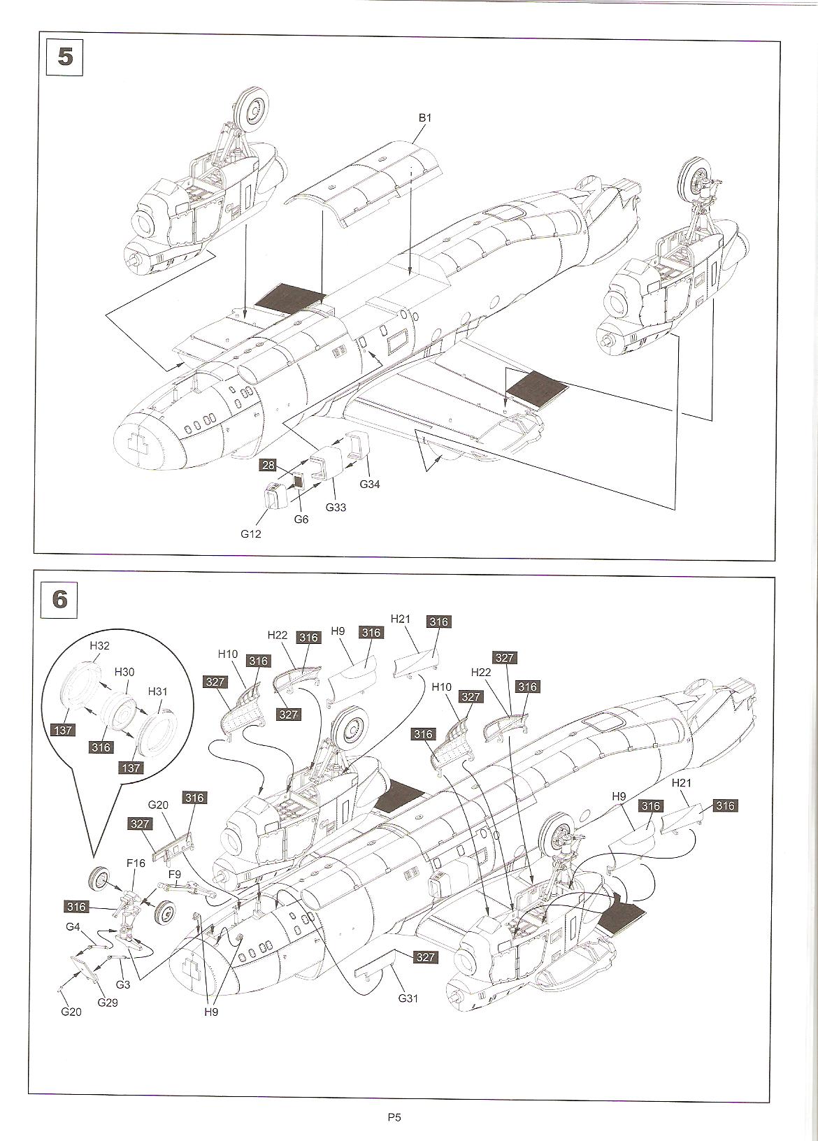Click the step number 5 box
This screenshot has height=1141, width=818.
(x=64, y=57)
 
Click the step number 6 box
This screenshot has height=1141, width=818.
(x=60, y=599)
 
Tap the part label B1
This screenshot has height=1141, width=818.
(x=425, y=118)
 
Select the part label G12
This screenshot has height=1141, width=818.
(x=252, y=533)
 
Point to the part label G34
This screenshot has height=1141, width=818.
(x=370, y=484)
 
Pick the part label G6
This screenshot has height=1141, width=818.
(x=301, y=519)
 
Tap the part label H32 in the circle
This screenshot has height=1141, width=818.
(x=99, y=645)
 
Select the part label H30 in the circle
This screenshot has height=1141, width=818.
(x=124, y=671)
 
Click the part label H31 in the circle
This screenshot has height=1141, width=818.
(x=159, y=691)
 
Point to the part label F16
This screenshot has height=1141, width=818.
(x=136, y=863)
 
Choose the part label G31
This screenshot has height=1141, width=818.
(x=408, y=998)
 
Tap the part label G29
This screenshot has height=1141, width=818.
(x=108, y=1003)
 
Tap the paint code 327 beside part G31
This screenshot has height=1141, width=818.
(x=425, y=957)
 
